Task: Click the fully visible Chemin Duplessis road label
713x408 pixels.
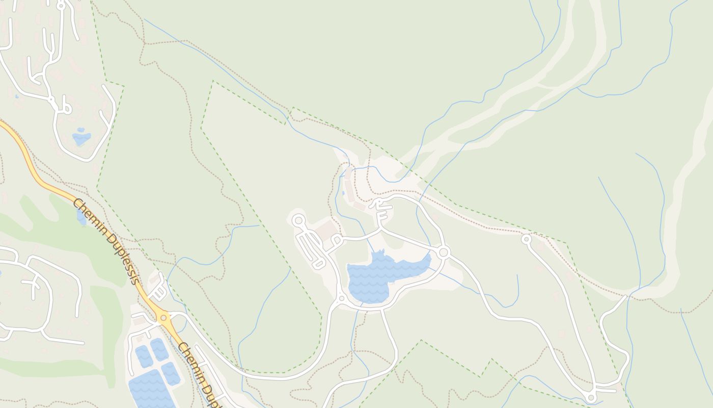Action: click(105, 241)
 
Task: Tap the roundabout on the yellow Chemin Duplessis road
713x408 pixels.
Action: click(163, 318)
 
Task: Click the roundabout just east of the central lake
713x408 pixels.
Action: click(443, 252)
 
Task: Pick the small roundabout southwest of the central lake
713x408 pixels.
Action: click(342, 298)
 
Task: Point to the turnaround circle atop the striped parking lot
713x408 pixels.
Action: click(298, 221)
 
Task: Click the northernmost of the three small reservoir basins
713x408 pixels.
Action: click(159, 349)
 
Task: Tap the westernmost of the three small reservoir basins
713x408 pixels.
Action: click(144, 356)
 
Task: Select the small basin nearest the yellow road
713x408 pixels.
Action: click(170, 373)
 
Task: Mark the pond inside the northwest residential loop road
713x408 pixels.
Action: click(81, 138)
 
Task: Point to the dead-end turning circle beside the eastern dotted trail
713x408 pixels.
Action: click(526, 239)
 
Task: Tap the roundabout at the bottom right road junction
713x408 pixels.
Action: click(591, 397)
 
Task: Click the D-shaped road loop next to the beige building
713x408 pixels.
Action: click(336, 239)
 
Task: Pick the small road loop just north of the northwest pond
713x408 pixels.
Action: click(66, 108)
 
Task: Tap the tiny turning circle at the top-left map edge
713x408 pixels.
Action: click(61, 6)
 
